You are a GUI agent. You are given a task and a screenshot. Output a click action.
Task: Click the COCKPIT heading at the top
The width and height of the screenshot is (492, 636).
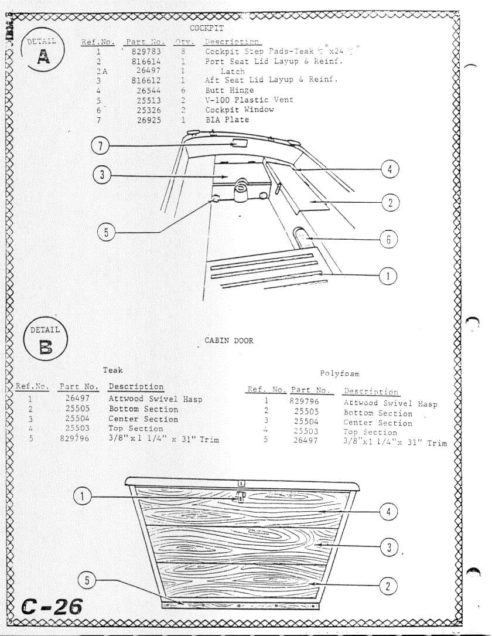[x=207, y=28]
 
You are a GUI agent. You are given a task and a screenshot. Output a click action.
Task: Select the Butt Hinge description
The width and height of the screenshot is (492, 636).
[x=229, y=90]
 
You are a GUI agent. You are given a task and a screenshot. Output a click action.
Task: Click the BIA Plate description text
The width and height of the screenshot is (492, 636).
[x=227, y=120]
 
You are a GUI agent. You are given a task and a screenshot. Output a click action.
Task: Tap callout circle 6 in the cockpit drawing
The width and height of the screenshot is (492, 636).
[x=388, y=239]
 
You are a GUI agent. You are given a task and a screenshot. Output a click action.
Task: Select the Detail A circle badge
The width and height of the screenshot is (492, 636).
[x=43, y=52]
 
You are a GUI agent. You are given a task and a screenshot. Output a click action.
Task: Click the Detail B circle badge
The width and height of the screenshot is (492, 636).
[x=45, y=341]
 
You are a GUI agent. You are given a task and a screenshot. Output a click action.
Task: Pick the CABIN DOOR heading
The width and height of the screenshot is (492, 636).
[x=229, y=341]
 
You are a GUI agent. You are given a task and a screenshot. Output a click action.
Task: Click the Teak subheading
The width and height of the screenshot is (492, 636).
[x=113, y=370]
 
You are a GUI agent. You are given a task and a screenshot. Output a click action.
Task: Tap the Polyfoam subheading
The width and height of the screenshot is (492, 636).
[x=340, y=373]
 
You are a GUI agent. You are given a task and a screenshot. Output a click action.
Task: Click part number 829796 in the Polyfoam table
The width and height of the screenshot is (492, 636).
[x=304, y=402]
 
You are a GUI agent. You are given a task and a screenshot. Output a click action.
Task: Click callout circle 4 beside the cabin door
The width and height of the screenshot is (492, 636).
[x=388, y=511]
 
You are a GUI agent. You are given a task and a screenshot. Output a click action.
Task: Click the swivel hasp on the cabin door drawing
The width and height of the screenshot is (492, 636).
[x=239, y=497]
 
